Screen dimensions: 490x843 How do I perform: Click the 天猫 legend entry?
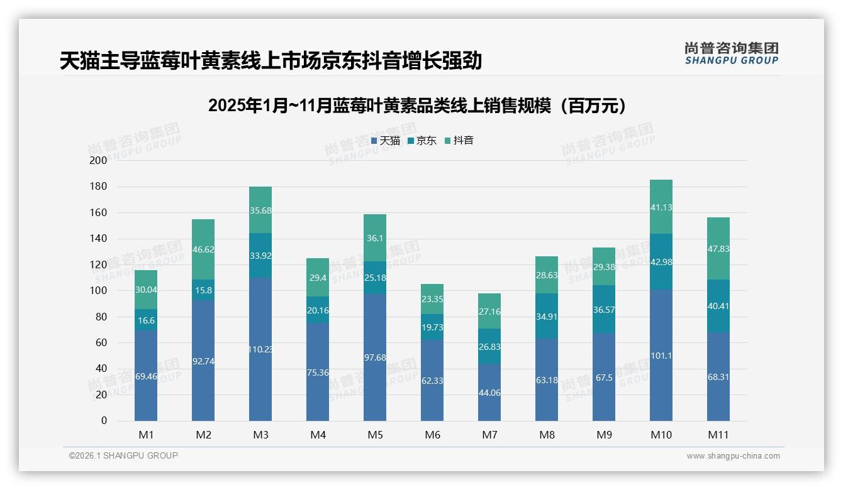(386, 141)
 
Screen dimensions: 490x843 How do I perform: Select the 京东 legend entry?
(422, 141)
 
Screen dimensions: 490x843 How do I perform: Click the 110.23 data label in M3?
(260, 349)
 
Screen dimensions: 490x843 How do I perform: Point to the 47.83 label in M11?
(718, 249)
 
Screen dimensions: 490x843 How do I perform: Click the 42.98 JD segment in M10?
(661, 262)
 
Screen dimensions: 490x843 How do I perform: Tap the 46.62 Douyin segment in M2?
(203, 249)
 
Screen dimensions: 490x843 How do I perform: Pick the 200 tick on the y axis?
(99, 161)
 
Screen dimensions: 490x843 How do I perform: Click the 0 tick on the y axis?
(104, 421)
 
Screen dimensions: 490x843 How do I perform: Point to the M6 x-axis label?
(432, 435)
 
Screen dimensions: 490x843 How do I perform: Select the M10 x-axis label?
(661, 435)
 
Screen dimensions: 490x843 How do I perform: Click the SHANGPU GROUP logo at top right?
(731, 53)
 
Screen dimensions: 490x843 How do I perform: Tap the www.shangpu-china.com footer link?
(733, 456)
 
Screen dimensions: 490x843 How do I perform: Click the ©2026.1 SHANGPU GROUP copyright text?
(123, 455)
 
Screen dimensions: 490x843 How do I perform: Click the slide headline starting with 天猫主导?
(271, 61)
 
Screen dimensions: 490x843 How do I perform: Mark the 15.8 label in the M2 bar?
(203, 290)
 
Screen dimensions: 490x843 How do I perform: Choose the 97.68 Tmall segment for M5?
(375, 357)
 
